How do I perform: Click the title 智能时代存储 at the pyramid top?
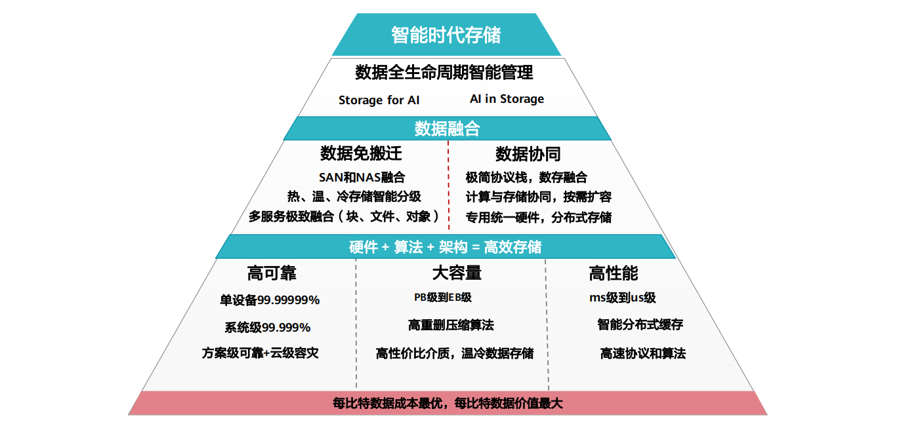[x=446, y=35]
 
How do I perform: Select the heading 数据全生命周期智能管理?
[x=444, y=72]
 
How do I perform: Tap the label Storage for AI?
[x=379, y=100]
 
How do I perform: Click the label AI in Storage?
[x=507, y=99]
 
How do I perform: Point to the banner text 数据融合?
[x=447, y=128]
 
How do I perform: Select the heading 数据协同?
[x=528, y=154]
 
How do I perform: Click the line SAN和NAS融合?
[x=362, y=177]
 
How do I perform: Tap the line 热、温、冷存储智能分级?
[x=354, y=197]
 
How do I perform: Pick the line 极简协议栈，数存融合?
[x=526, y=177]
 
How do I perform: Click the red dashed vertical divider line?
[x=448, y=190]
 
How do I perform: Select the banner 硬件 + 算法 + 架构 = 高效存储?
[x=446, y=247]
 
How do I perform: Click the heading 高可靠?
[x=272, y=273]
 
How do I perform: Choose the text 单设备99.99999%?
[x=270, y=300]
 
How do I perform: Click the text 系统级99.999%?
[x=268, y=327]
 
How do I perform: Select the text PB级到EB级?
[x=442, y=298]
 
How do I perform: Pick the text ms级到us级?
[x=622, y=298]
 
